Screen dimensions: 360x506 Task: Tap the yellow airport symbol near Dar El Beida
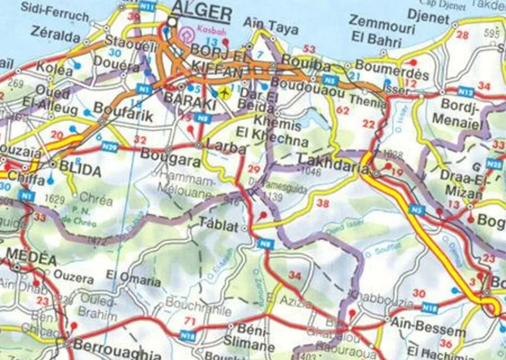coord(224,93)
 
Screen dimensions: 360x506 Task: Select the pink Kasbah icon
coord(187,36)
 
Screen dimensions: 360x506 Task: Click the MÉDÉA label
coord(31,258)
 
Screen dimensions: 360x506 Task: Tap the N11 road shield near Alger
coord(148,7)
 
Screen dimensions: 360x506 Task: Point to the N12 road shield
coord(466,92)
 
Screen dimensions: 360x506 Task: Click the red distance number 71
coord(190,321)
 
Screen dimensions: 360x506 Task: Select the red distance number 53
coord(309,50)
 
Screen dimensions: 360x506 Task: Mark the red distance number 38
coord(322,203)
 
